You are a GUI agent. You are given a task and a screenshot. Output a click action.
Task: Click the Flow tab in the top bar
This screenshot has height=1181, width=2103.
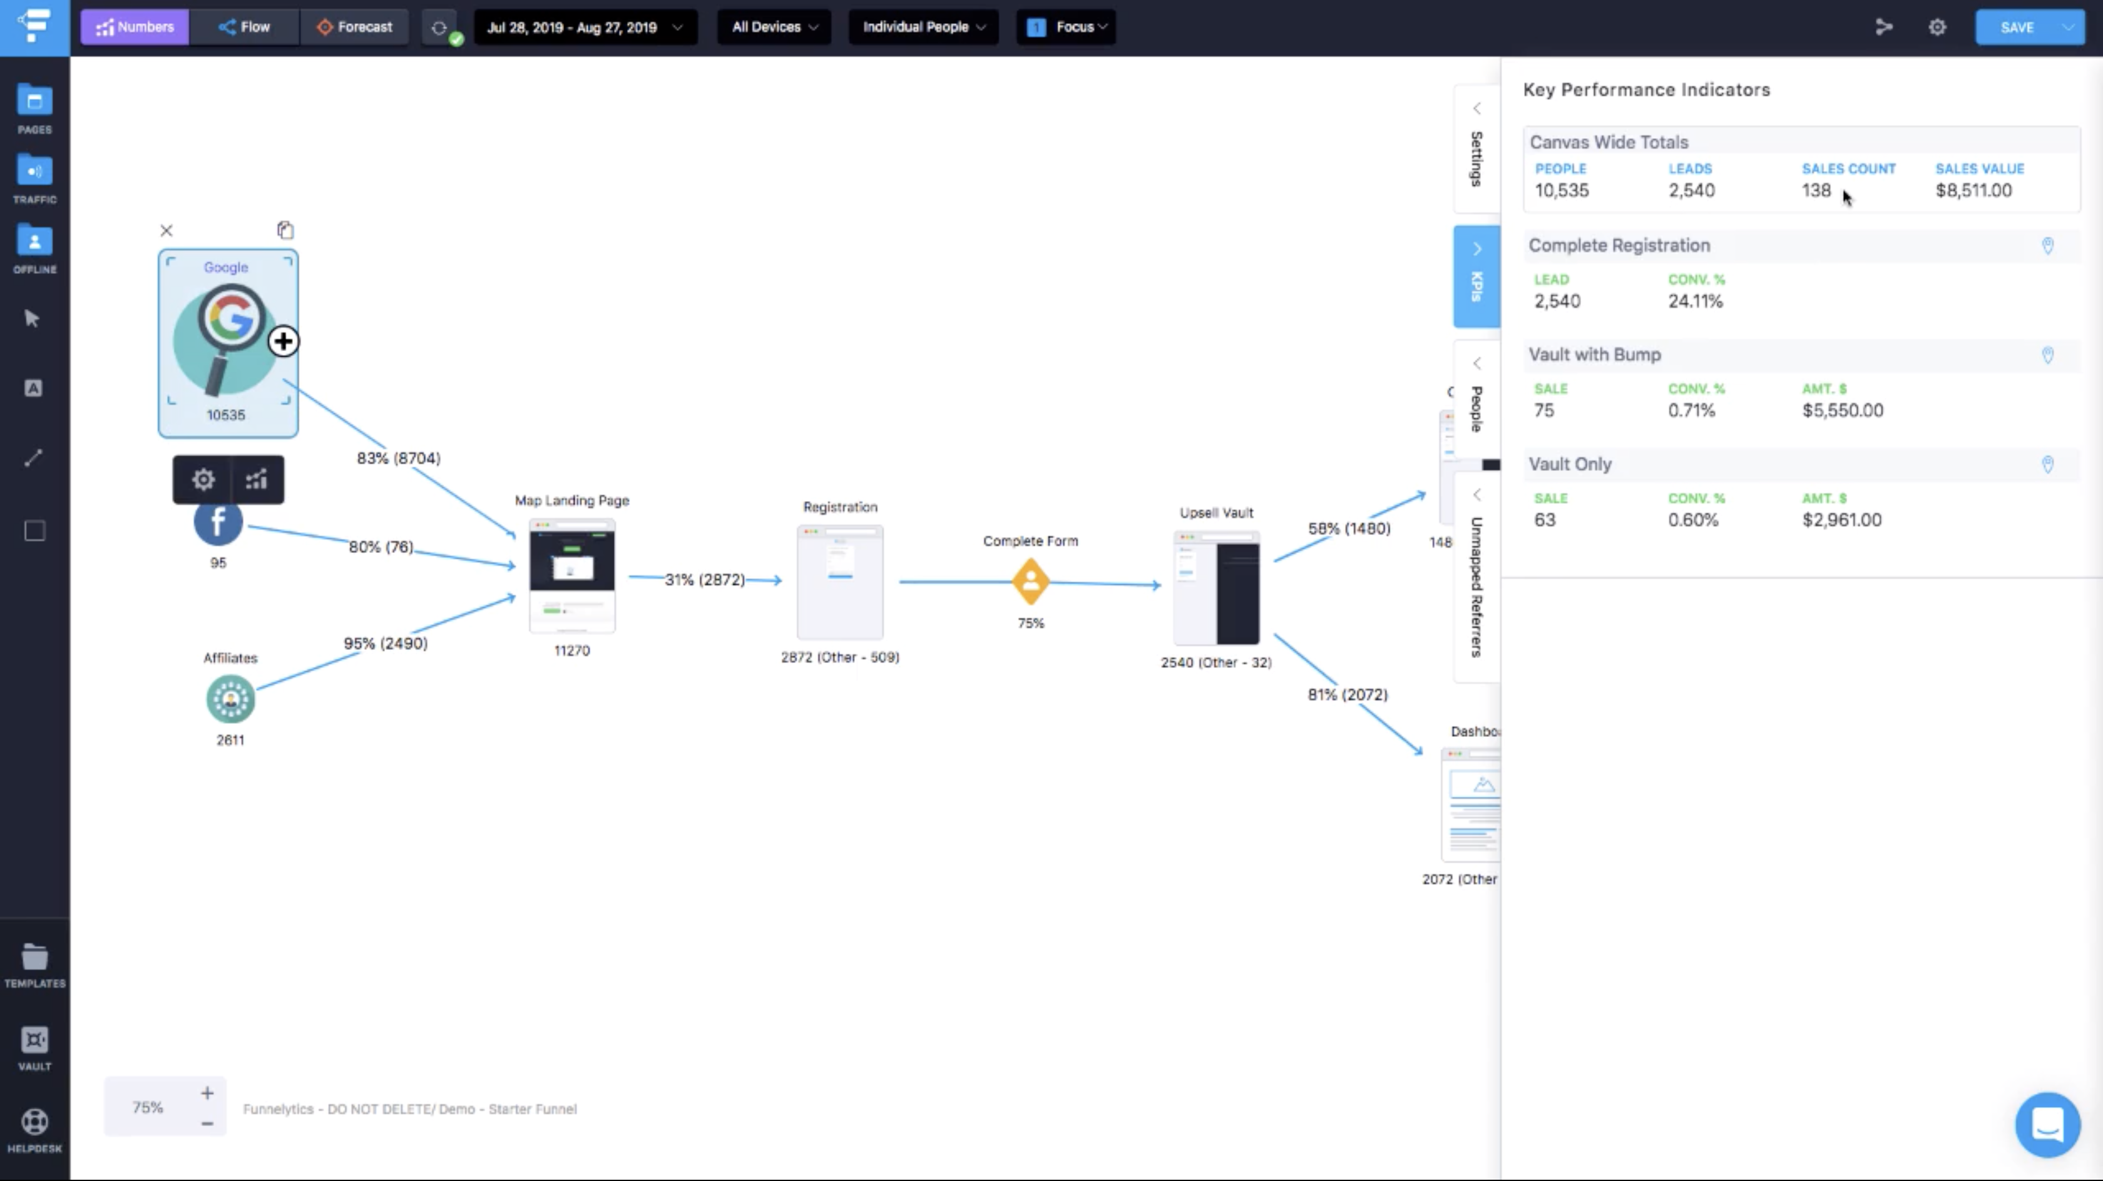[x=244, y=27]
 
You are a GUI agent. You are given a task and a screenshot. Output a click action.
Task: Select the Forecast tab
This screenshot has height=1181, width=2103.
[x=354, y=27]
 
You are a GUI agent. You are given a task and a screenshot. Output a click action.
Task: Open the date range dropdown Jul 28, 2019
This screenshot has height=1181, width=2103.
[x=585, y=27]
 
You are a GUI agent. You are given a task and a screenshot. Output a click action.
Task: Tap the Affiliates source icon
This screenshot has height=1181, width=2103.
[x=230, y=699]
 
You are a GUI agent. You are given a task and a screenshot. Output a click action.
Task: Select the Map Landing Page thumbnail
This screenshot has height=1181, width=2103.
[x=571, y=575]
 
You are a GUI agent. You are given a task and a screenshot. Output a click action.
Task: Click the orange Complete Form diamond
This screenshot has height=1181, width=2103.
[x=1030, y=582]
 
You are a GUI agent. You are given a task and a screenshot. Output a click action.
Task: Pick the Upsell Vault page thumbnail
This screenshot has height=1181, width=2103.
[x=1215, y=587]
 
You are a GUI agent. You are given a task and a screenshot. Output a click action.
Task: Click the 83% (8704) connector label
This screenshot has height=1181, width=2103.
[x=399, y=458]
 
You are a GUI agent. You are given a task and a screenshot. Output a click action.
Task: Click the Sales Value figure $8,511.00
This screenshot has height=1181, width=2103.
[x=1973, y=190]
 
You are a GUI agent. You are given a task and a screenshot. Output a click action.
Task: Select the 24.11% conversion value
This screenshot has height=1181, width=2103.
[x=1695, y=301]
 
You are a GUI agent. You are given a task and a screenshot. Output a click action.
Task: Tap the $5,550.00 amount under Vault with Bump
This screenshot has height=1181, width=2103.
[x=1842, y=410]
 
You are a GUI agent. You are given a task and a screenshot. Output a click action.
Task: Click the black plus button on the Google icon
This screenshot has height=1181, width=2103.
[x=284, y=341]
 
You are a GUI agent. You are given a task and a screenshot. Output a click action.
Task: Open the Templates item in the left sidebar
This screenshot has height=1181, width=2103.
[x=34, y=965]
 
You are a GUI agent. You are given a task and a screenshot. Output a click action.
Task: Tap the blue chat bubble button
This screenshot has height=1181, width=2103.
[x=2047, y=1125]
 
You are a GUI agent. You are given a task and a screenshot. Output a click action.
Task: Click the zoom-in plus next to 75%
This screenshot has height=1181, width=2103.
[x=207, y=1093]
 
